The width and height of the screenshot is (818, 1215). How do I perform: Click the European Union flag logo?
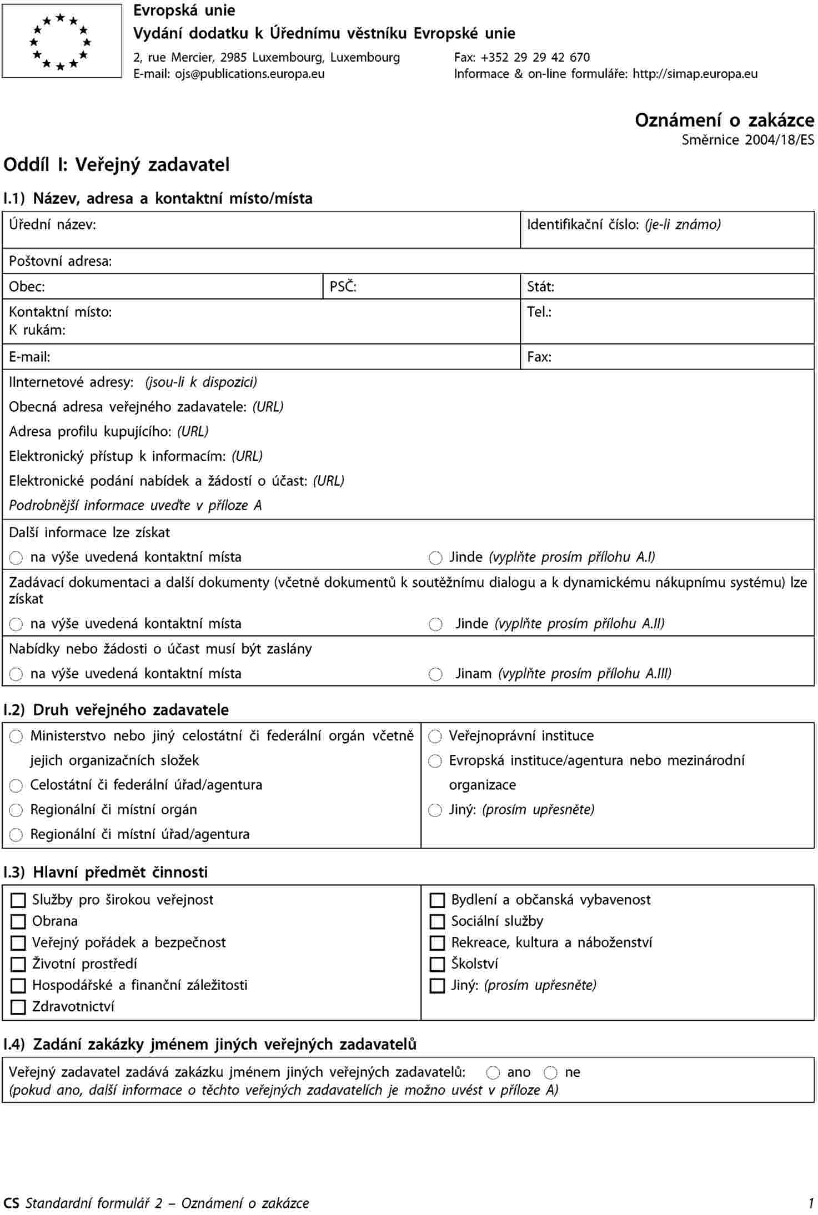pos(62,41)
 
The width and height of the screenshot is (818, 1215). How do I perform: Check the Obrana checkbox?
pos(18,922)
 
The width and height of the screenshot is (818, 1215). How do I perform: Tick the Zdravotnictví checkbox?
pos(18,1007)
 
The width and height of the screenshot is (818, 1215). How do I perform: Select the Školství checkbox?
pos(438,965)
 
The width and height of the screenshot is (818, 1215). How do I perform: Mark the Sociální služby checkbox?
pos(438,922)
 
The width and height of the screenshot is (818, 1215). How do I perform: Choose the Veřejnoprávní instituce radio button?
pos(435,737)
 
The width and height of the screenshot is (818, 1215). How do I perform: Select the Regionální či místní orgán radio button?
pos(16,811)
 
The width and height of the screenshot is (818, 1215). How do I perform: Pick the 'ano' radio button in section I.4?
pos(493,1073)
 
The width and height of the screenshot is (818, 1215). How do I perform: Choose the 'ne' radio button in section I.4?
pos(551,1073)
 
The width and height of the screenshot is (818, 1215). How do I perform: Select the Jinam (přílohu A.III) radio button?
pos(436,674)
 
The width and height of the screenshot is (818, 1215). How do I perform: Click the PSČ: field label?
pos(343,287)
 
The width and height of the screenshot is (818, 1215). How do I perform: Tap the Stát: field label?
pos(540,287)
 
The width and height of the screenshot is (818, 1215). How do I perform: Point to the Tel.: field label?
pos(539,312)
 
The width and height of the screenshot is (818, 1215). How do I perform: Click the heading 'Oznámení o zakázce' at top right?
pos(724,120)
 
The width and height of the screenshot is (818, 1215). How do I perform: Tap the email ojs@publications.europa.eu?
pos(250,74)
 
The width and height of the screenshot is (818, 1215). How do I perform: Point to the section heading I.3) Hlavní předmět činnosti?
pos(106,873)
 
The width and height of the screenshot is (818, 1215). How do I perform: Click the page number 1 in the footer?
pos(811,1203)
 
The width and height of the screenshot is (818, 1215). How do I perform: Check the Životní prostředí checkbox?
pos(18,965)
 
